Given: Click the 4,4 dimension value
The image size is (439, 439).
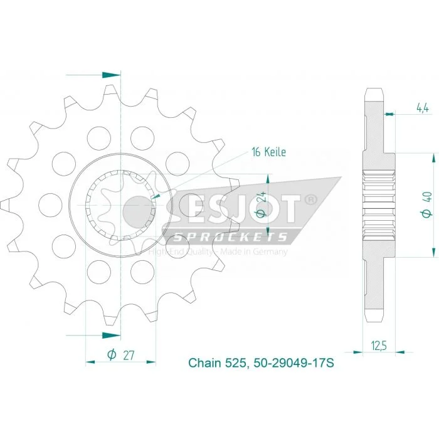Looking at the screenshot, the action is (423, 107).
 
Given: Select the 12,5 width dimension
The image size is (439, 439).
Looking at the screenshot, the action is (379, 346).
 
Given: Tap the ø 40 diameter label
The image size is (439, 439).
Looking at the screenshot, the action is (427, 205).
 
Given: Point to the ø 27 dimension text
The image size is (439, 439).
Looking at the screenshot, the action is (120, 355).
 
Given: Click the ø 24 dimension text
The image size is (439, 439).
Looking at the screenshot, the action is (261, 204).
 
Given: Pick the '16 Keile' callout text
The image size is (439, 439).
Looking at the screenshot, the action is (269, 152).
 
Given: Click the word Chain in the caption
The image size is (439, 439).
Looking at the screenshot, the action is (204, 363).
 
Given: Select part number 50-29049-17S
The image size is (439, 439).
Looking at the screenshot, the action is (294, 363).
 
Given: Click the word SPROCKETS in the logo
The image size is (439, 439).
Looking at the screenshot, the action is (231, 237).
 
